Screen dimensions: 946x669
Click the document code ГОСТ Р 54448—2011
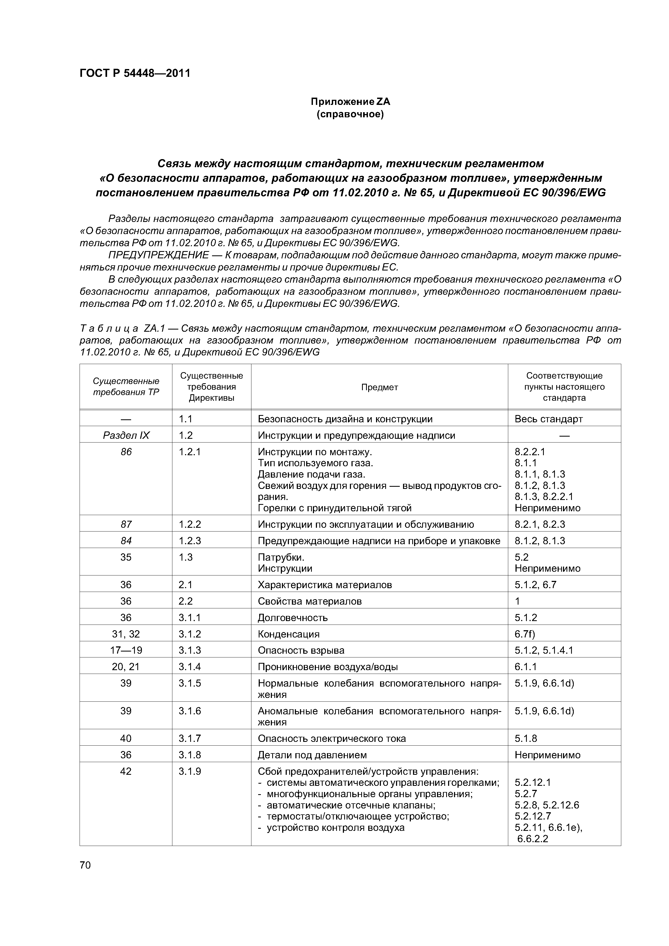click(x=135, y=73)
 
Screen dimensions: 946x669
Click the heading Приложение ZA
click(x=350, y=101)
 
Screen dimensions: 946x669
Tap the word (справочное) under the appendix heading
click(x=350, y=114)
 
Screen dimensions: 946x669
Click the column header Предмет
click(x=379, y=387)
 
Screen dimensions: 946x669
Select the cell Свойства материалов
click(x=310, y=601)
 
